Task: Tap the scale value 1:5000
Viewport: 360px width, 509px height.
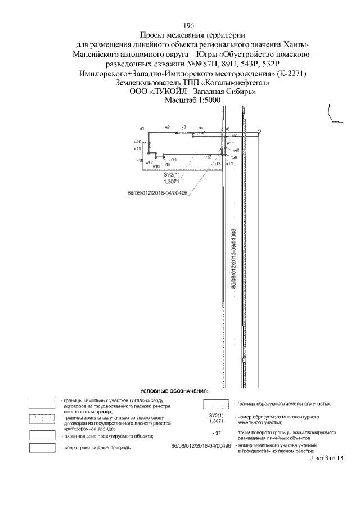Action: [199, 101]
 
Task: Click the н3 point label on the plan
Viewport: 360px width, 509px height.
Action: [183, 127]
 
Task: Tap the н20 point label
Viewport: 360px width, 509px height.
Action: [137, 142]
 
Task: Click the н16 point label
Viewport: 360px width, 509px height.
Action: [156, 166]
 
